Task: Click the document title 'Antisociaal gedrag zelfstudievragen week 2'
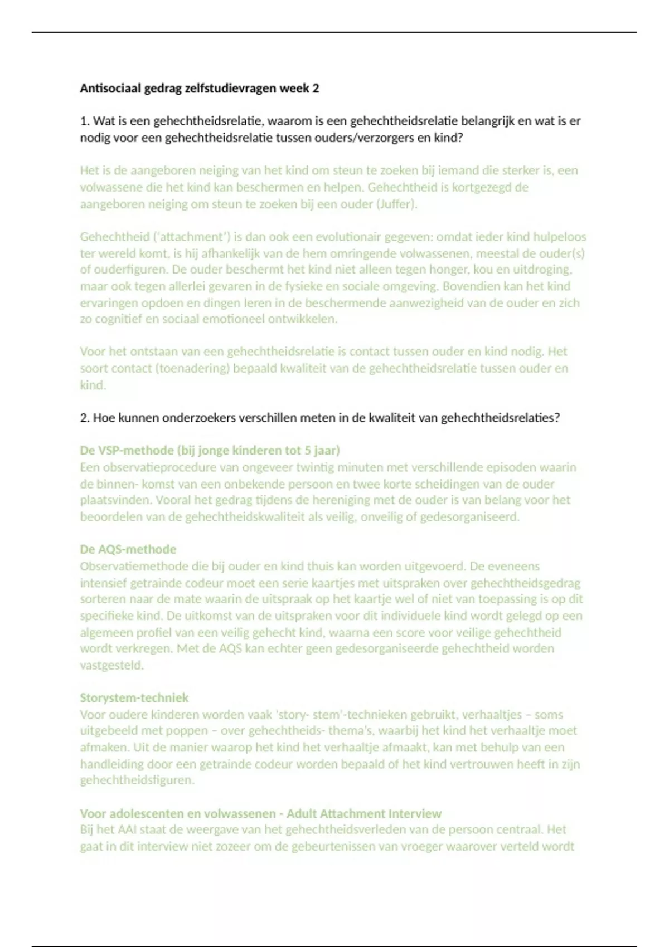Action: click(x=199, y=88)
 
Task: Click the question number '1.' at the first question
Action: click(x=85, y=121)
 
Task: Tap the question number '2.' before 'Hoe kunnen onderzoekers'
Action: click(x=85, y=418)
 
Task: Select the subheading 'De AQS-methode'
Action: click(x=128, y=549)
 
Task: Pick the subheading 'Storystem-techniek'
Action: click(x=134, y=697)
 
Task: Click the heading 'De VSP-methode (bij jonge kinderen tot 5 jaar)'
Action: click(x=210, y=450)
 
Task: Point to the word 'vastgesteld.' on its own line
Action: click(x=111, y=665)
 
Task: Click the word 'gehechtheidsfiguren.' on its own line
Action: click(x=137, y=780)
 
